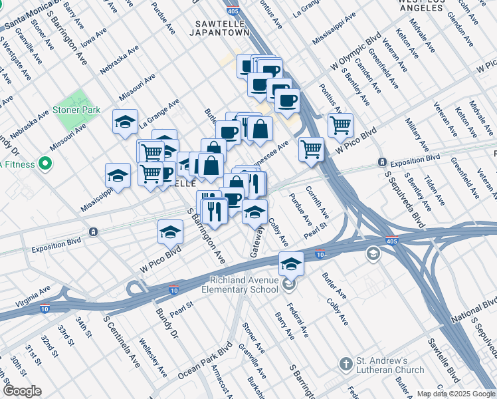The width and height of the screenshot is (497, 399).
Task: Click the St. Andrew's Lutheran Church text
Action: (x=390, y=365)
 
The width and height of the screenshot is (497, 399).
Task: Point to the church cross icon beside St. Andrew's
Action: (x=345, y=364)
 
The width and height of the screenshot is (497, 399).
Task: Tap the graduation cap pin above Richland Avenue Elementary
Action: (x=291, y=264)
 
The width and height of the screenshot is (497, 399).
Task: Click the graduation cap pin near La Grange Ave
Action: (x=125, y=122)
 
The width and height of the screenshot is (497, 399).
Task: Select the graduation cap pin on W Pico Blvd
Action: (x=170, y=232)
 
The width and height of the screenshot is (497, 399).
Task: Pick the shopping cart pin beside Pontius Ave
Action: (x=340, y=124)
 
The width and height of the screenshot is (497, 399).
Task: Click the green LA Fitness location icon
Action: (x=45, y=163)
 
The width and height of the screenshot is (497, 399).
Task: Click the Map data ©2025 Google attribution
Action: (x=456, y=394)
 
